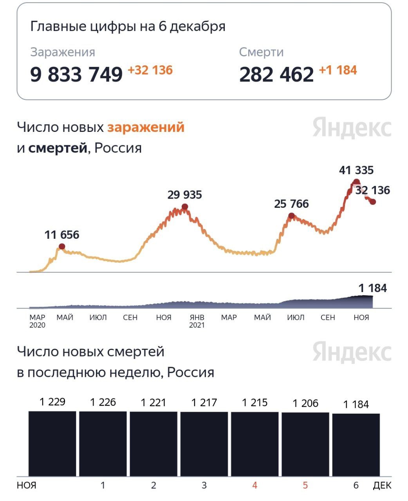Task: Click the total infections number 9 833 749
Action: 76,74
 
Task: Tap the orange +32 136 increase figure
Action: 150,70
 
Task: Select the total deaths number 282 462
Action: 276,74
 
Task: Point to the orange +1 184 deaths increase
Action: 338,70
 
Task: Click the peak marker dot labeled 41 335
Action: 356,182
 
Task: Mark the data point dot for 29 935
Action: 185,207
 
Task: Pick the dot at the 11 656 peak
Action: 62,246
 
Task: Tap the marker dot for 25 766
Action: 291,216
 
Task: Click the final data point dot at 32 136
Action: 373,202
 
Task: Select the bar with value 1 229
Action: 52,443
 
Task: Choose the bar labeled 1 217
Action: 204,444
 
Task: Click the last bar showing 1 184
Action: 356,445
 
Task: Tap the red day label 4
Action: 255,485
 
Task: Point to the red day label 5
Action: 305,485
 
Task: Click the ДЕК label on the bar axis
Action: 382,485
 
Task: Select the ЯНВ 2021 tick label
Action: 197,321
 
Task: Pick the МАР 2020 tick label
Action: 38,321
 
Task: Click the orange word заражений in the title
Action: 146,127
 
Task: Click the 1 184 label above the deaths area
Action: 372,288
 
